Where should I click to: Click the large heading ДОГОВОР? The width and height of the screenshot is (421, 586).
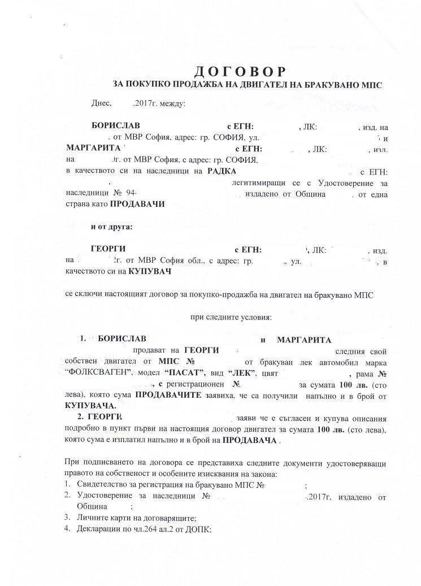coord(240,71)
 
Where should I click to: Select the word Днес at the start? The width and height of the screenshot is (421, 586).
coord(100,104)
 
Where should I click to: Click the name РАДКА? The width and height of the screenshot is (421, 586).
coord(222,170)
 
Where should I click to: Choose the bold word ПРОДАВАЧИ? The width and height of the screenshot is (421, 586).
coord(137,205)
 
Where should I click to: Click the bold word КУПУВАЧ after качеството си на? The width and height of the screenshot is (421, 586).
coord(150,271)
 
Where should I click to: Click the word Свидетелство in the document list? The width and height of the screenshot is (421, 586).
coord(102,485)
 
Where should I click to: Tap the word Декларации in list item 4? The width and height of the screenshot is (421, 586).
coord(99,529)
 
